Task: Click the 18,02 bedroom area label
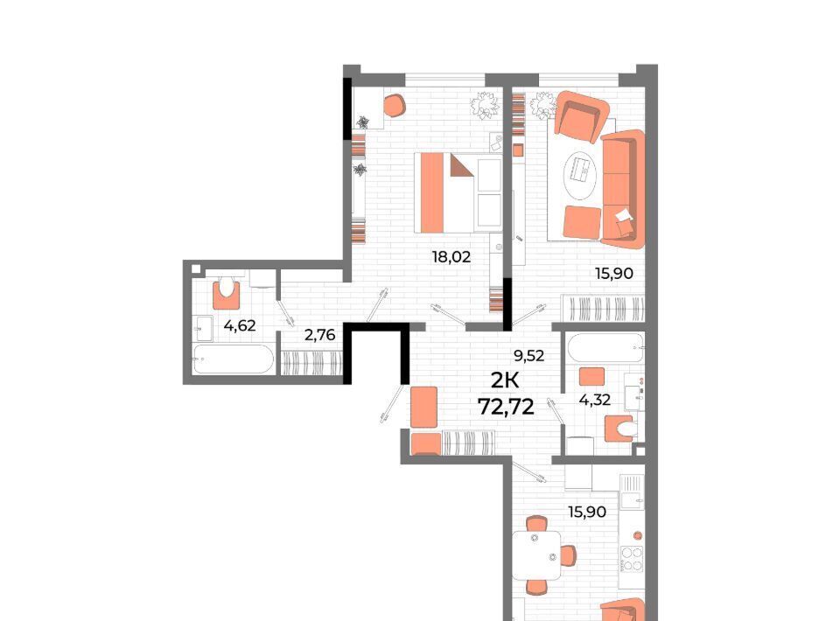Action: click(451, 257)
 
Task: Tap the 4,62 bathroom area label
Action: click(240, 325)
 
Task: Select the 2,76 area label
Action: click(320, 335)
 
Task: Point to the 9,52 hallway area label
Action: click(528, 355)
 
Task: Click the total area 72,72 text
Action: click(507, 408)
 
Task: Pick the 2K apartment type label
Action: click(505, 380)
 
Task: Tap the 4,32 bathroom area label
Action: click(595, 400)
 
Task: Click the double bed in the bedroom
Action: click(458, 192)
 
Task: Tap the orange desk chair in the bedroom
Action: click(395, 106)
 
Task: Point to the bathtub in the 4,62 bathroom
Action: click(234, 359)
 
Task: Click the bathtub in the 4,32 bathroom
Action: click(605, 348)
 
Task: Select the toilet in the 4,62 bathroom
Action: click(227, 292)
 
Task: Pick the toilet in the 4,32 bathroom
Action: click(621, 429)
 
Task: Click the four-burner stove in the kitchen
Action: click(632, 558)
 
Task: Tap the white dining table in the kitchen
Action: click(536, 555)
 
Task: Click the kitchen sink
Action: click(632, 500)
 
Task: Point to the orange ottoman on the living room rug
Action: click(583, 222)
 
